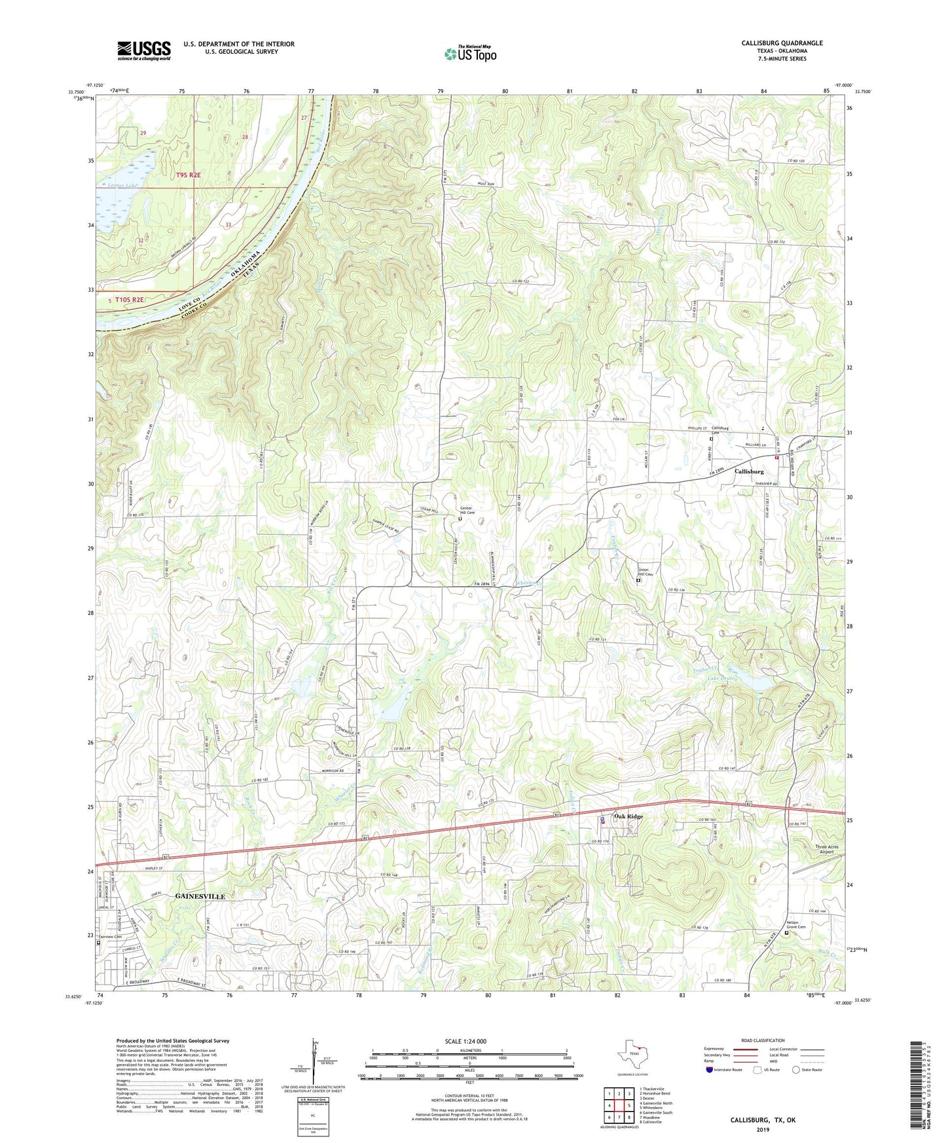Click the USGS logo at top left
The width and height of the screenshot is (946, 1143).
click(143, 50)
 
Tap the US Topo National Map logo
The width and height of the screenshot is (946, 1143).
click(469, 53)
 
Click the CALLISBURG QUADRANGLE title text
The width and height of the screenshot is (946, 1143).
click(782, 43)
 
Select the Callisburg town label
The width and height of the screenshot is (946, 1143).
click(749, 471)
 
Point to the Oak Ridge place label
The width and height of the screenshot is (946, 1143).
click(628, 816)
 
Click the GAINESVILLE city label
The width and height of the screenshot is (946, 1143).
click(200, 896)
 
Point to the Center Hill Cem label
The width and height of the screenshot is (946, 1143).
click(467, 510)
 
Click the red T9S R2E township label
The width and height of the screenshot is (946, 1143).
click(187, 175)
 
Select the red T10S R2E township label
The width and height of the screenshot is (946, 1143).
click(129, 299)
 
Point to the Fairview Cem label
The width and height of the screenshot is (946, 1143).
click(113, 937)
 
